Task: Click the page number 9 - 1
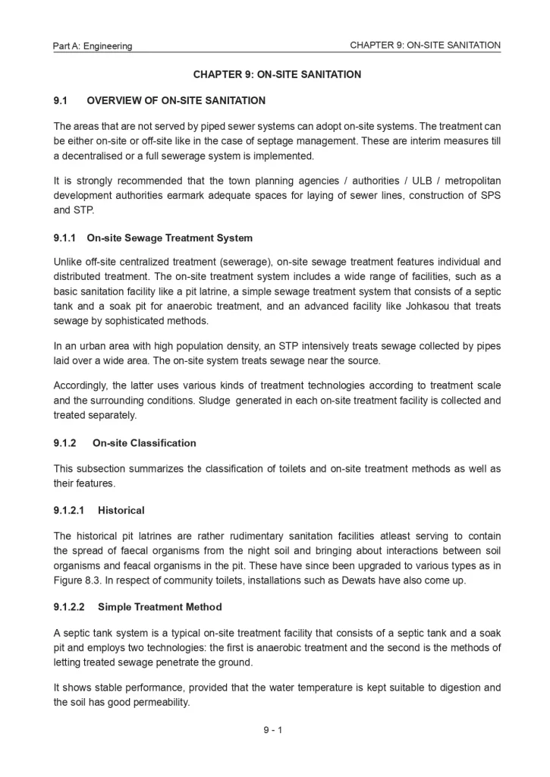click(273, 730)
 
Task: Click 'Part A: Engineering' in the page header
click(93, 46)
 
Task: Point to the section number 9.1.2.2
click(69, 607)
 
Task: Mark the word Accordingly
click(80, 386)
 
